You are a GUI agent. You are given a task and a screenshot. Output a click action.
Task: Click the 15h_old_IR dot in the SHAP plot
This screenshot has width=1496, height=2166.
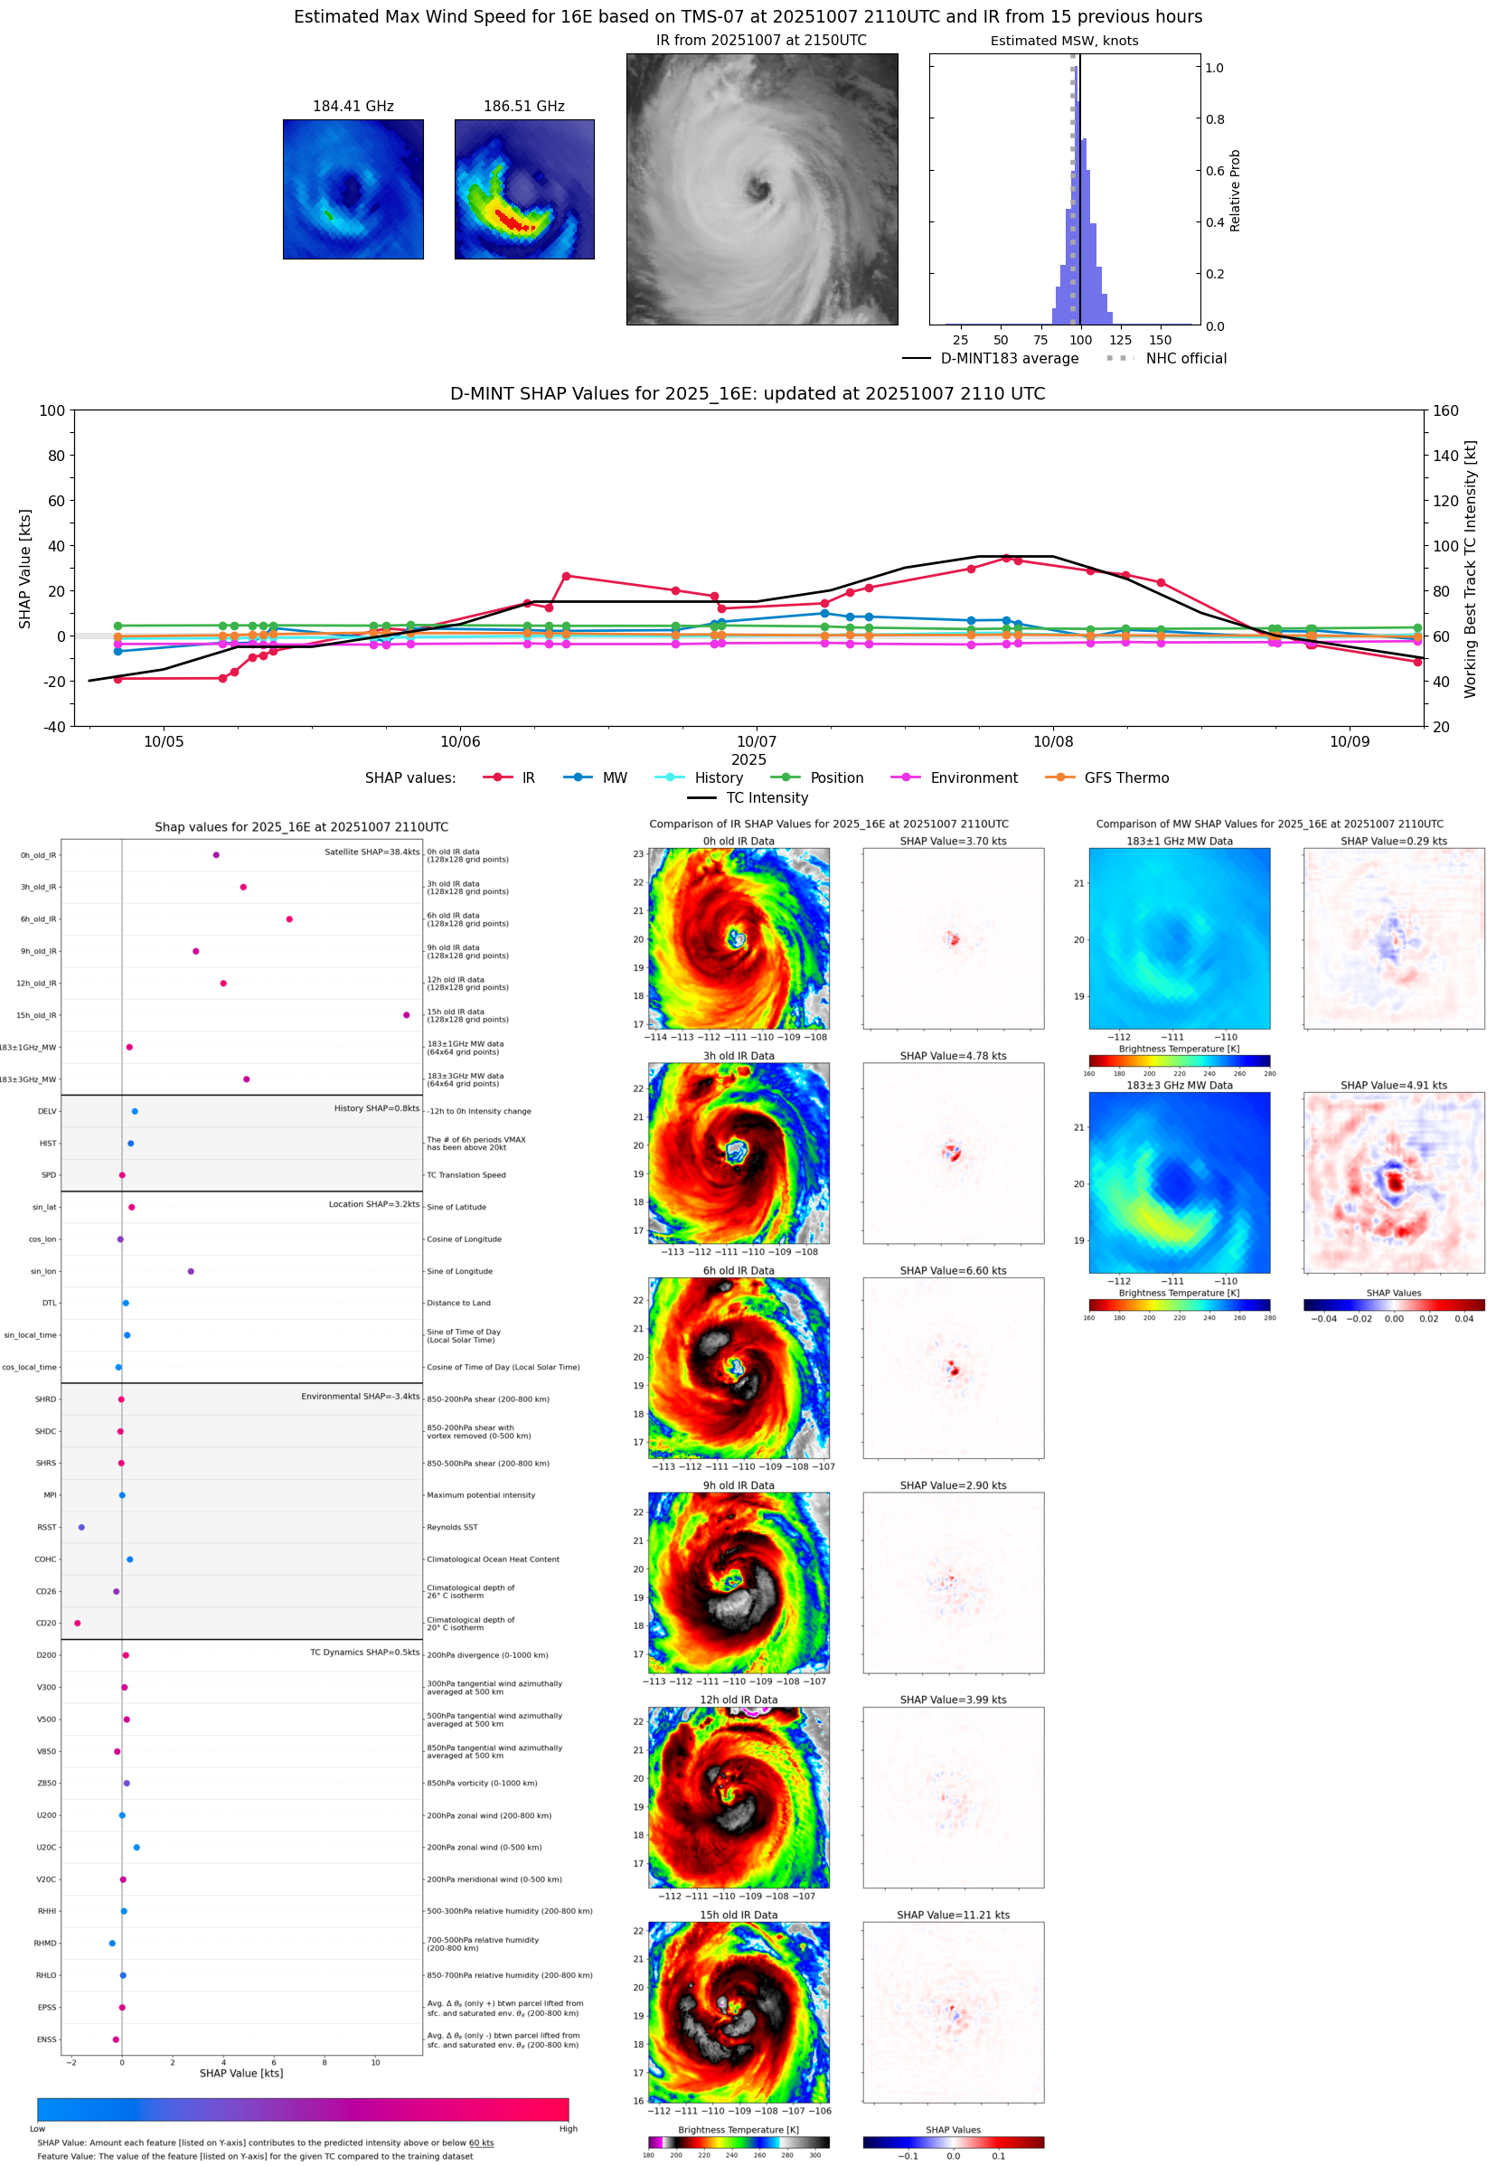[x=406, y=1015]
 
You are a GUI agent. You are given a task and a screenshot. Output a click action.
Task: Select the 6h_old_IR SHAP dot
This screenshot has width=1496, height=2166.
[x=288, y=918]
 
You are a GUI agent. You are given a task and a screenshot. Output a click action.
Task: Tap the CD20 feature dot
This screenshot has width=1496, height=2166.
[x=77, y=1623]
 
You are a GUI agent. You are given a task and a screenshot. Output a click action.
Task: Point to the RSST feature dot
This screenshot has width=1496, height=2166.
[x=81, y=1527]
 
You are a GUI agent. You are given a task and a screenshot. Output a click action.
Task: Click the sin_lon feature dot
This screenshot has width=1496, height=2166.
[x=191, y=1271]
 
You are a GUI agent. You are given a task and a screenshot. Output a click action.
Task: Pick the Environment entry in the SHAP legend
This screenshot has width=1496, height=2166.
[x=973, y=778]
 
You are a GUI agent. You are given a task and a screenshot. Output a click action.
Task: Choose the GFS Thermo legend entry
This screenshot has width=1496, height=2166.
[x=1125, y=778]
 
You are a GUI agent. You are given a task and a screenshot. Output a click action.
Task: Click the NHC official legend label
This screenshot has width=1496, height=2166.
[x=1186, y=358]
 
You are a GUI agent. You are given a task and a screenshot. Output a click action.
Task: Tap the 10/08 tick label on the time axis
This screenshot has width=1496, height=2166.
[x=1053, y=741]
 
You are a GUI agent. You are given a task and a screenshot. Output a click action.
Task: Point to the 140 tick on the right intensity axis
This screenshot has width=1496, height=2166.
[x=1445, y=456]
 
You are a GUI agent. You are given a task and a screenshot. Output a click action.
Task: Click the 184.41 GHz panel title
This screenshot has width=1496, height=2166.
[x=353, y=106]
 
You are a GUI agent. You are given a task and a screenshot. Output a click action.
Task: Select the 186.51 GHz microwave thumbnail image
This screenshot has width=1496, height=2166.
[x=524, y=189]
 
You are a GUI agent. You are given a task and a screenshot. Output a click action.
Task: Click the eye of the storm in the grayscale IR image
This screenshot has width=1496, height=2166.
[x=758, y=190]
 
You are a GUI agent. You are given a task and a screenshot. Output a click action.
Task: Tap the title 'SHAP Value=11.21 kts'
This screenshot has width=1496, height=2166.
[x=953, y=1915]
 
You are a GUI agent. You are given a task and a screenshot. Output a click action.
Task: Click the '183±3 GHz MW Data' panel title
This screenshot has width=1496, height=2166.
[x=1180, y=1086]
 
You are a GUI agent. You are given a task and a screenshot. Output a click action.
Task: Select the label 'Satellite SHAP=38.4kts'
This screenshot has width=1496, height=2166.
[x=372, y=852]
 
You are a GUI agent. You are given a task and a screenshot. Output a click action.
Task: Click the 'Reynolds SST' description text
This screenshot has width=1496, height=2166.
[x=452, y=1527]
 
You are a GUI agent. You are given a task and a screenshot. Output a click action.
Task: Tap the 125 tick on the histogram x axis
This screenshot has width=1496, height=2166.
[x=1120, y=340]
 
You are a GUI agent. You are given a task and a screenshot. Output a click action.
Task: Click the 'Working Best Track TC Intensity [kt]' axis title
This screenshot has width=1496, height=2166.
[x=1470, y=568]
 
